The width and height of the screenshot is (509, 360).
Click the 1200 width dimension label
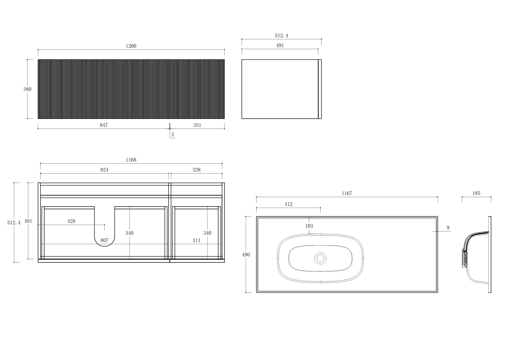pos(131,46)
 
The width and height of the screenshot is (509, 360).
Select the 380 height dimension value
pos(27,89)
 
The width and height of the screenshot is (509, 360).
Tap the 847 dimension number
pos(104,125)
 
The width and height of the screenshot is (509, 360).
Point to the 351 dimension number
pos(197,125)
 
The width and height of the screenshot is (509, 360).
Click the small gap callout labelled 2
pos(173,135)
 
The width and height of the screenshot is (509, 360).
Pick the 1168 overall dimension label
pos(131,160)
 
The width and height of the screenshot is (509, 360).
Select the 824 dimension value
pos(104,170)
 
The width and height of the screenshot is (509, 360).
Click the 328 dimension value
pos(196,170)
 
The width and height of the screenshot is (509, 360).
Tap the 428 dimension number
pos(71,221)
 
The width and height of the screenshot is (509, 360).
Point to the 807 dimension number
pos(104,240)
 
